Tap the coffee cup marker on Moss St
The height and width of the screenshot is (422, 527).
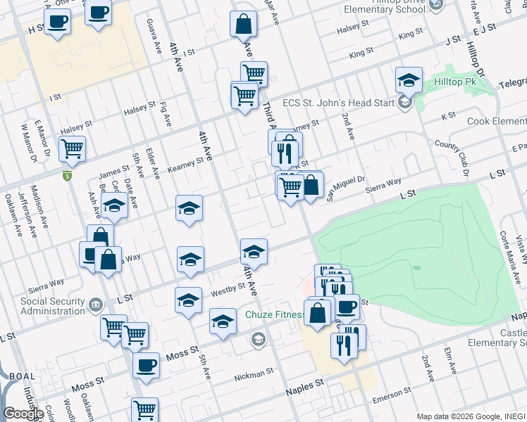click(x=146, y=366)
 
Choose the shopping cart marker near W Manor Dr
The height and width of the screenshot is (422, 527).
click(x=72, y=149)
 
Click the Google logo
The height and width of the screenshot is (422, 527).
click(x=23, y=414)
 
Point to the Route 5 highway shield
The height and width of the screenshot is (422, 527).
click(x=67, y=175)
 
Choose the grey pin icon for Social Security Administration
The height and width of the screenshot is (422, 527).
click(x=94, y=305)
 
